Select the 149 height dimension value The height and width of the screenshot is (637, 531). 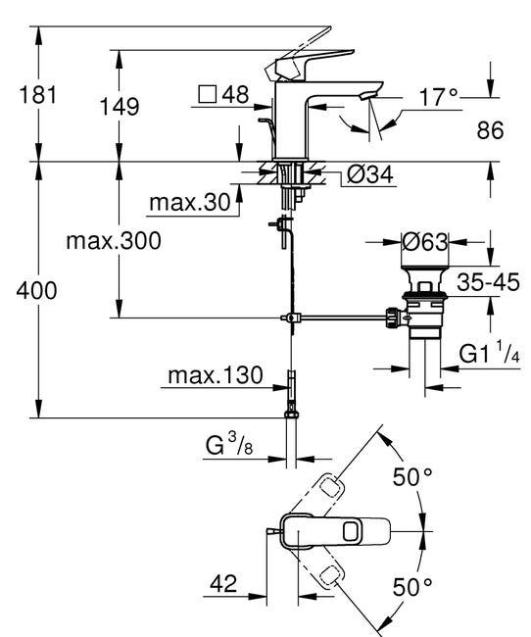(118, 105)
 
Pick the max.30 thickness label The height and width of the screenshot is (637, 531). (189, 203)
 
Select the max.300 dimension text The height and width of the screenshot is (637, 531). (114, 240)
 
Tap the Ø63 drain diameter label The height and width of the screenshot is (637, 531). (426, 241)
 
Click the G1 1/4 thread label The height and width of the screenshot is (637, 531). (487, 352)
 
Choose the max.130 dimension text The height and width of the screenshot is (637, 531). (215, 375)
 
